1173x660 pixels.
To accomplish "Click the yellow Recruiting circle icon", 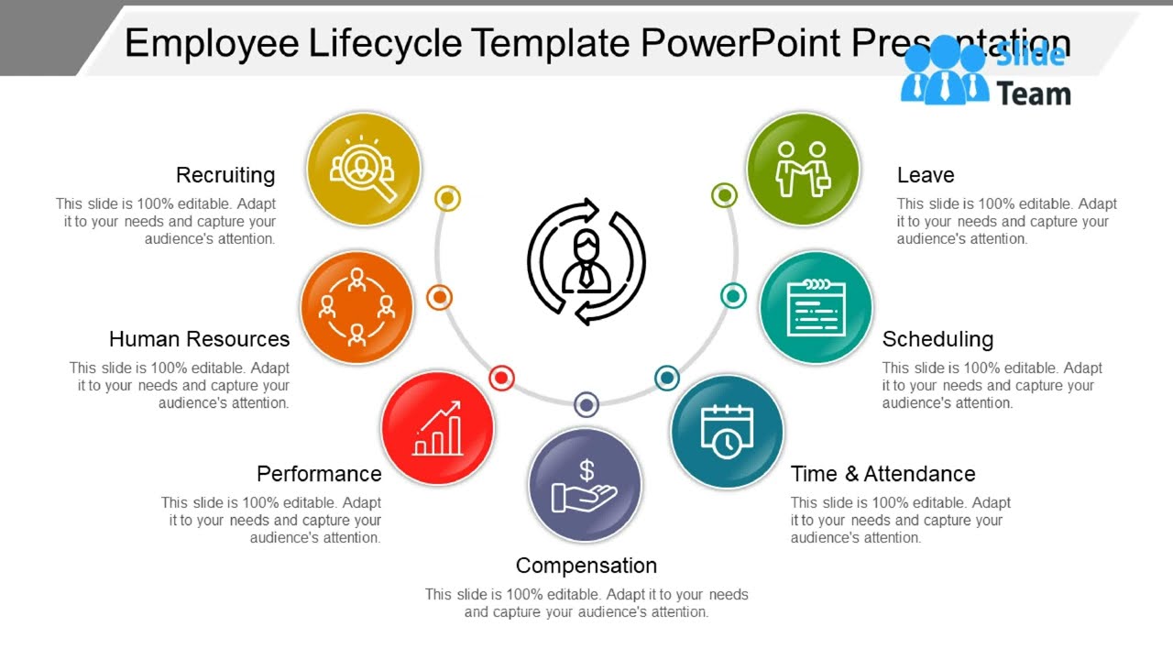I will pyautogui.click(x=363, y=170).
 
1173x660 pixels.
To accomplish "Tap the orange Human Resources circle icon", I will pyautogui.click(x=356, y=307).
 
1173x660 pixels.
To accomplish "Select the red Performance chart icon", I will pyautogui.click(x=437, y=428).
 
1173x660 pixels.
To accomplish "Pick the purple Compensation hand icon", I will pyautogui.click(x=585, y=485).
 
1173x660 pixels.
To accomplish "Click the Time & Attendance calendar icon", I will pyautogui.click(x=727, y=431).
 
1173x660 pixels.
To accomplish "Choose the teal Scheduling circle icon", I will pyautogui.click(x=816, y=307).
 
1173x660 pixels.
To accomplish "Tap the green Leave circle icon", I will pyautogui.click(x=803, y=170).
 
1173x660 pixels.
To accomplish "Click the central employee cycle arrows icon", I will pyautogui.click(x=586, y=262).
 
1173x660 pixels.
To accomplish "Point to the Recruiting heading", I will pyautogui.click(x=225, y=175).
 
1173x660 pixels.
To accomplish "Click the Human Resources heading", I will pyautogui.click(x=199, y=339).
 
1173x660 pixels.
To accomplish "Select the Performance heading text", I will pyautogui.click(x=319, y=474).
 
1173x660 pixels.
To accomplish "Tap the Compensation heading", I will pyautogui.click(x=586, y=566).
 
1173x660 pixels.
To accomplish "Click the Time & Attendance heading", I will pyautogui.click(x=882, y=474).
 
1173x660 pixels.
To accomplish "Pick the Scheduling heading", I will pyautogui.click(x=937, y=339).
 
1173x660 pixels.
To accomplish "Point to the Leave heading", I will pyautogui.click(x=926, y=175).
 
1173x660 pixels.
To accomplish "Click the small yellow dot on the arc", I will pyautogui.click(x=447, y=198).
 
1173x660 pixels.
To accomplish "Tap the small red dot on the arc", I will pyautogui.click(x=501, y=378).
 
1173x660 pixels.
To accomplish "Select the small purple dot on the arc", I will pyautogui.click(x=586, y=404).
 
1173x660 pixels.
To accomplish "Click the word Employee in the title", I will pyautogui.click(x=212, y=43).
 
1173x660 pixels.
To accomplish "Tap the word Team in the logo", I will pyautogui.click(x=1033, y=93).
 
